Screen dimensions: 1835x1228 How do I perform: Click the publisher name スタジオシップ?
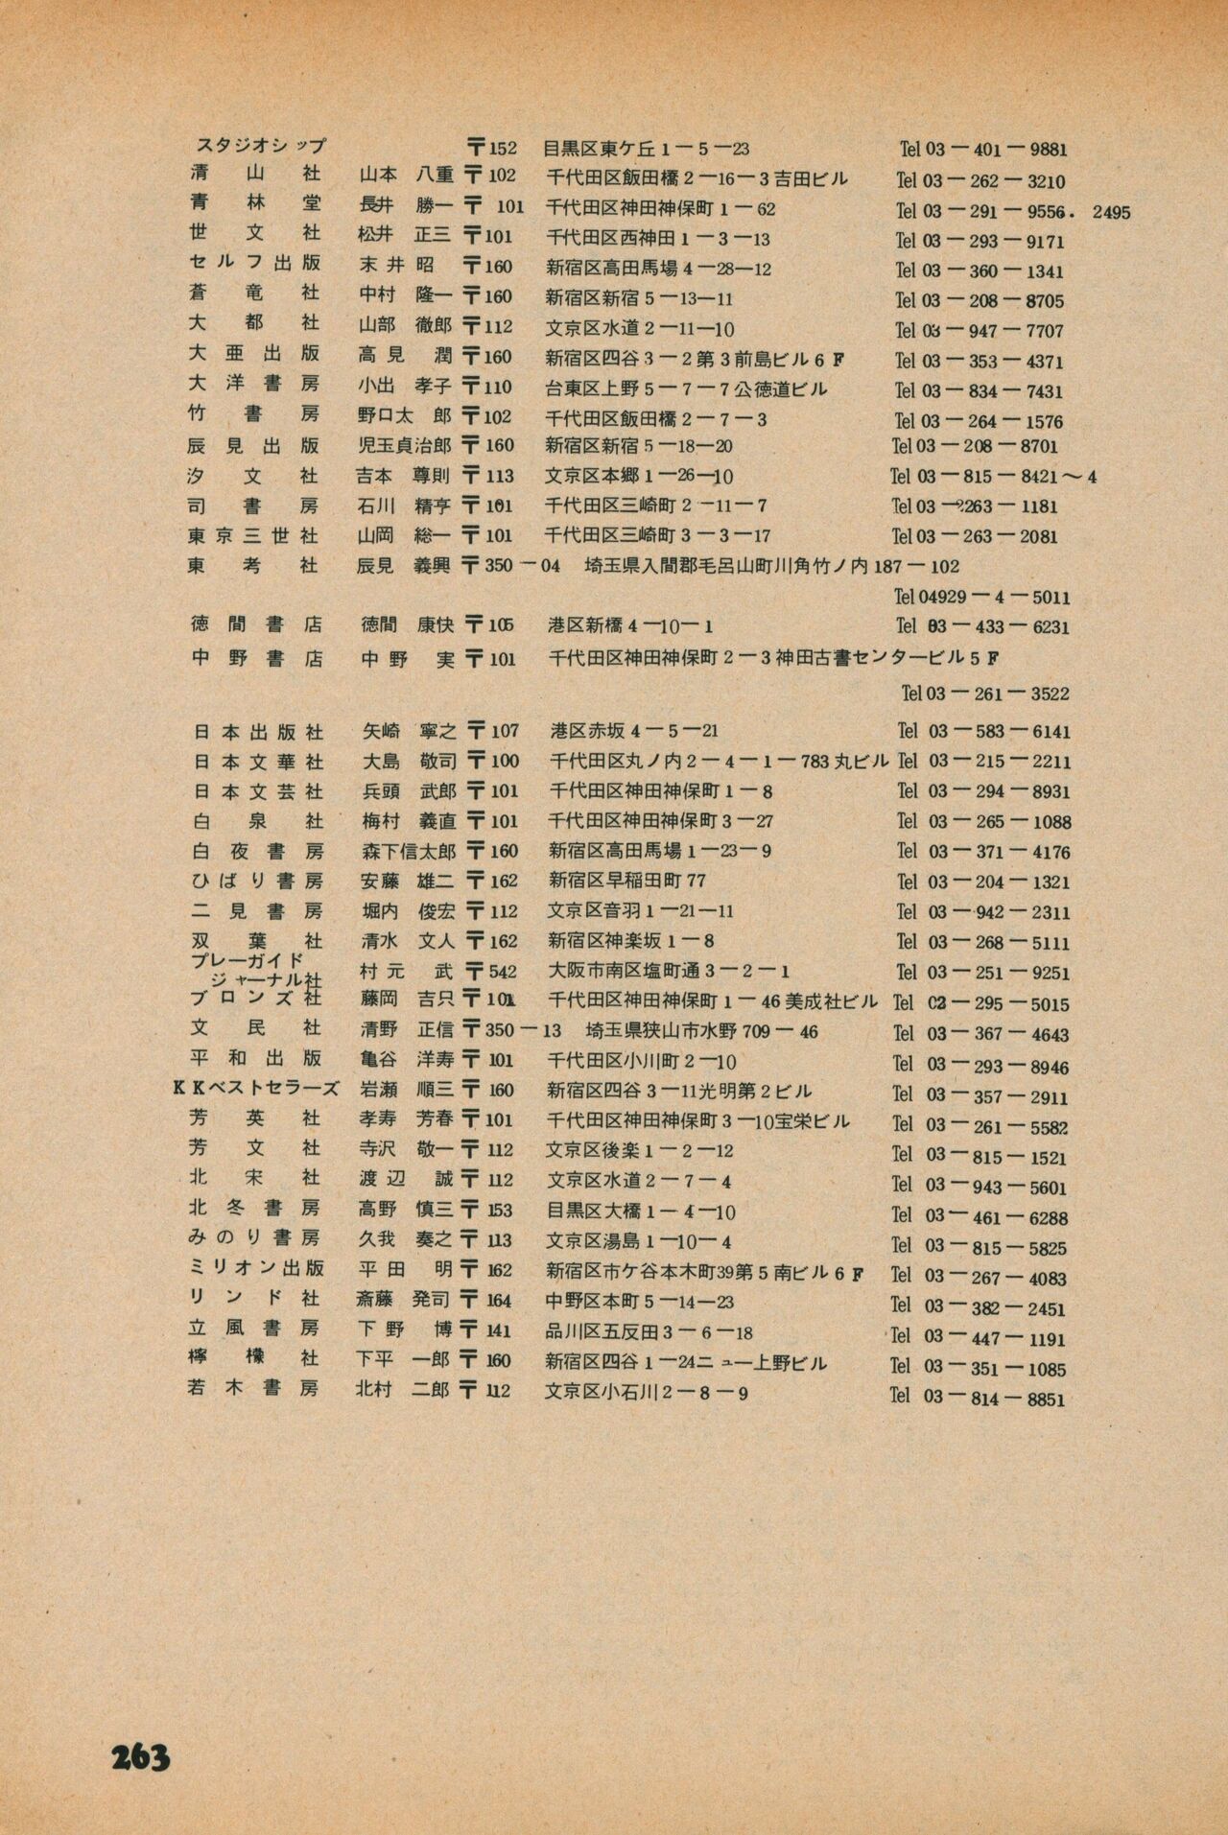pyautogui.click(x=260, y=146)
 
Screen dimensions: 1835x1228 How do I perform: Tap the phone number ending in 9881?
pyautogui.click(x=983, y=150)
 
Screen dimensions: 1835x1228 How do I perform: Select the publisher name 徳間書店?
pyautogui.click(x=256, y=624)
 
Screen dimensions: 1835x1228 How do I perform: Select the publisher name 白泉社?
pyautogui.click(x=256, y=821)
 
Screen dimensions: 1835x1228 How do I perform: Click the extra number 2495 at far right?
pyautogui.click(x=1111, y=213)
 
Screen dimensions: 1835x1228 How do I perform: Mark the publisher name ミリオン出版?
pyautogui.click(x=256, y=1268)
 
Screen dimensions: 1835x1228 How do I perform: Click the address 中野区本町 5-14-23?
pyautogui.click(x=641, y=1301)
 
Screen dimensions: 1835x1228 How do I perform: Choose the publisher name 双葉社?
pyautogui.click(x=256, y=941)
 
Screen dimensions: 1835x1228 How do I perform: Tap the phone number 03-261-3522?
pyautogui.click(x=985, y=693)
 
